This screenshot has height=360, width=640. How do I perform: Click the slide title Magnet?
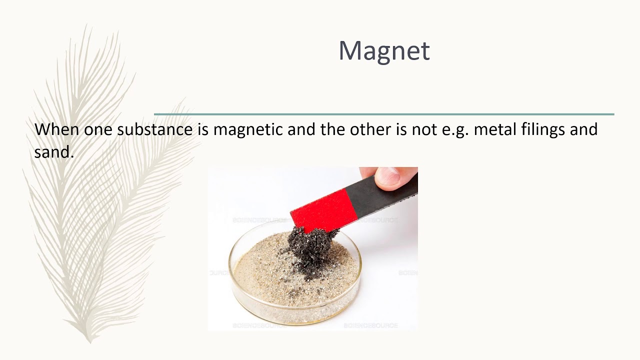coord(384,50)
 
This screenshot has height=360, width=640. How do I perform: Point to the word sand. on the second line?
coord(54,152)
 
